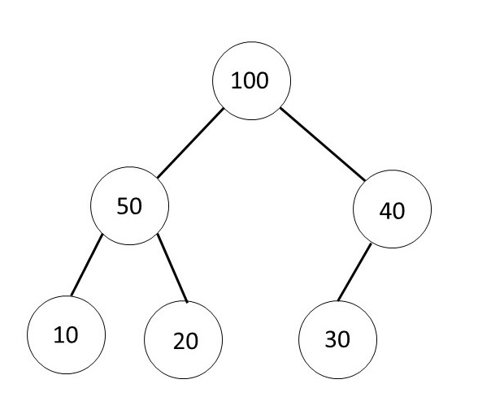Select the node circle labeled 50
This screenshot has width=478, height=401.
click(129, 206)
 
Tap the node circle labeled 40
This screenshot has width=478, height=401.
click(393, 210)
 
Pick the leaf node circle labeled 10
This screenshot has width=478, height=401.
click(67, 334)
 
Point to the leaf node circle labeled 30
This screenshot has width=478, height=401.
click(337, 338)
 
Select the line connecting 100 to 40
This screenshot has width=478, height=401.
click(321, 144)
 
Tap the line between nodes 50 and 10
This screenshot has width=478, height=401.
click(85, 266)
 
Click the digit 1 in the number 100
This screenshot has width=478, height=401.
click(237, 82)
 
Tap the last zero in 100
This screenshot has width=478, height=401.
click(262, 82)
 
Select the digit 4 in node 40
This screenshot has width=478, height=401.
click(385, 210)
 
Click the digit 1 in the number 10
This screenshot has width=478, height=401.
click(59, 334)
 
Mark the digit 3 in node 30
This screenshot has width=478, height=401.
click(331, 339)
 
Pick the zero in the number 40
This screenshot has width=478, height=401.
click(398, 210)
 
